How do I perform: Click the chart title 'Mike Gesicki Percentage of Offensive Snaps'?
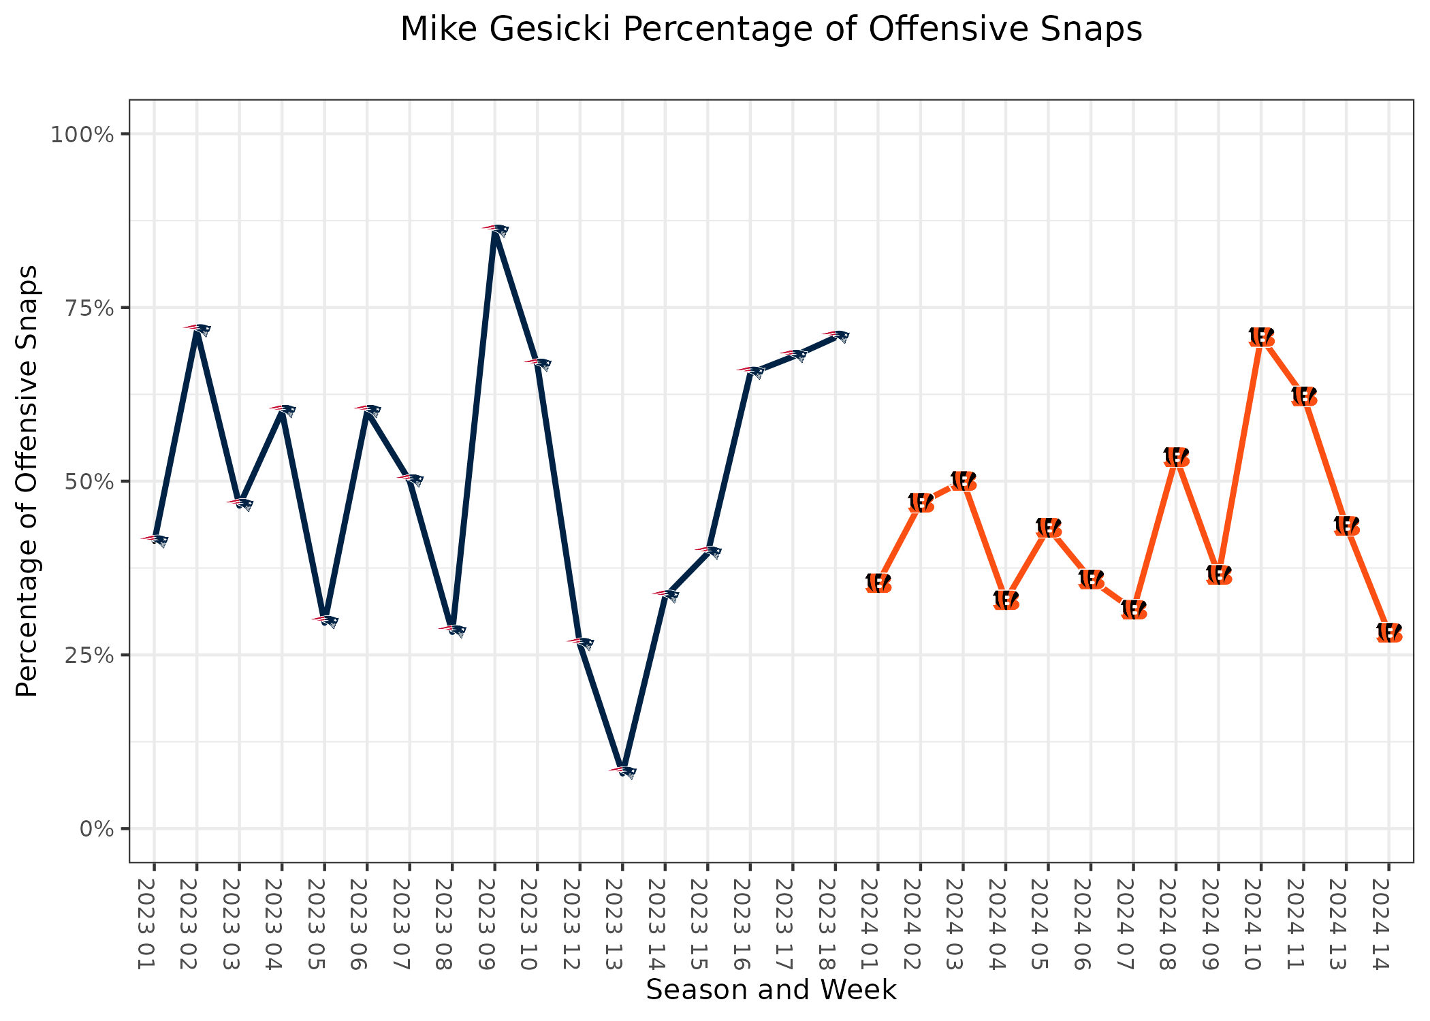(x=771, y=30)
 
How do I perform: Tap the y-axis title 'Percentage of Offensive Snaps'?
(x=27, y=481)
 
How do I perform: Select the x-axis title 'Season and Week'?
(x=771, y=990)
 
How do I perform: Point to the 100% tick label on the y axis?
(x=82, y=134)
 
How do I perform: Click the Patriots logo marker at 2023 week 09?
(x=495, y=230)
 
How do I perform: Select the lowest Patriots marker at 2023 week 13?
(x=622, y=771)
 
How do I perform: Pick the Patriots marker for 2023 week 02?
(x=197, y=329)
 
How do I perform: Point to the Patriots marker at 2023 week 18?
(x=836, y=336)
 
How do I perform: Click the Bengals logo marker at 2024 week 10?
(x=1261, y=336)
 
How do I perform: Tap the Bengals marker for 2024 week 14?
(x=1388, y=632)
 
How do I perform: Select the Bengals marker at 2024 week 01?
(x=878, y=583)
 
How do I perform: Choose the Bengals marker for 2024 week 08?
(x=1176, y=457)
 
